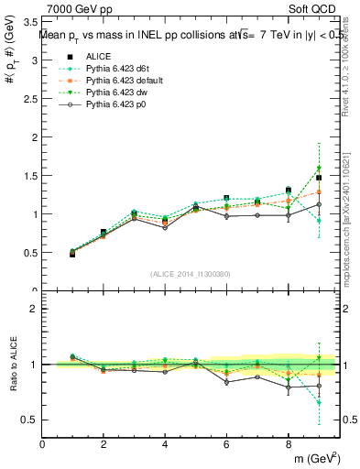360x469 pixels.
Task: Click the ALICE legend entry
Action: (99, 57)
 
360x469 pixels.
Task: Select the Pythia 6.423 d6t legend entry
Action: (115, 70)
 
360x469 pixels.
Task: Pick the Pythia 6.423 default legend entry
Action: (120, 82)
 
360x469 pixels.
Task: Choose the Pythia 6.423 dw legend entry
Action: (115, 93)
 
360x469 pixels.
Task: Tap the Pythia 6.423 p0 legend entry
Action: (115, 105)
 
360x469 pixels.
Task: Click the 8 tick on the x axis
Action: (288, 444)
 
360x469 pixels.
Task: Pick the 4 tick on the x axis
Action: (165, 444)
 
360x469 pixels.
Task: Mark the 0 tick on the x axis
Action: (42, 444)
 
